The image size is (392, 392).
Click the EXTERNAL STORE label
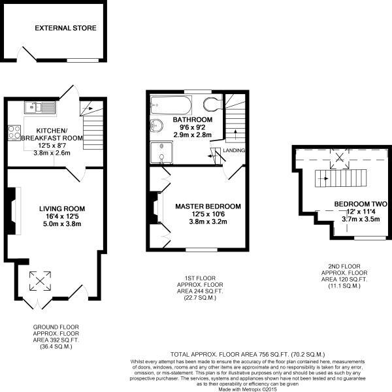pos(65,28)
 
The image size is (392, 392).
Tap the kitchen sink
pos(41,108)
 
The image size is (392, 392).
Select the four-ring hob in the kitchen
pos(14,132)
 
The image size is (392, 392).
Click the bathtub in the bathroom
pos(171,105)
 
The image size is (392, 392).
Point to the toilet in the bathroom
pos(212,104)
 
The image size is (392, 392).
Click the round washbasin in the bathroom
pos(157,125)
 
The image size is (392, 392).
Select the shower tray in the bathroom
pos(161,152)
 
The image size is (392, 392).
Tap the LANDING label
pos(234,150)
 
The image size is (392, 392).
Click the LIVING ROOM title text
pos(62,208)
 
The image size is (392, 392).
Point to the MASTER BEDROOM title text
pos(208,206)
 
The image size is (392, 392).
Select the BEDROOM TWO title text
pos(361,204)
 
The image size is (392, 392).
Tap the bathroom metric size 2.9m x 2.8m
pos(193,135)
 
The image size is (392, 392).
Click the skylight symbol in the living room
pos(40,281)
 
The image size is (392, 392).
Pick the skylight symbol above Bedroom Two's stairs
pos(339,158)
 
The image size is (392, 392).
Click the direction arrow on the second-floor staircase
pos(325,178)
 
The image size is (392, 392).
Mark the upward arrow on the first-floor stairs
pos(235,135)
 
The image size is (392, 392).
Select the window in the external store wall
pos(83,60)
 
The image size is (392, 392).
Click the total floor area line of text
pos(248,354)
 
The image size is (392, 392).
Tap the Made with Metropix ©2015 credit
pos(248,389)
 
